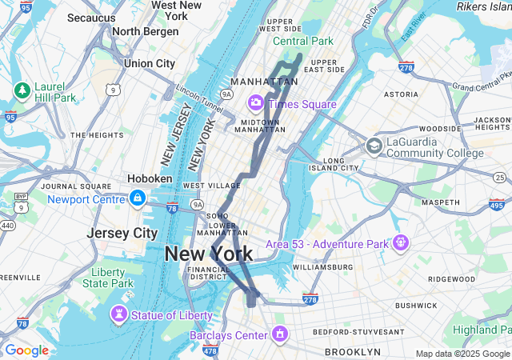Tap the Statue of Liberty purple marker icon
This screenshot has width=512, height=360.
(120, 315)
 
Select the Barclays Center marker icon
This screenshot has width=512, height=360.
(280, 333)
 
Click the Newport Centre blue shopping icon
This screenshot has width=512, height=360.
(138, 198)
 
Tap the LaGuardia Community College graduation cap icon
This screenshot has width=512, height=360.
(374, 146)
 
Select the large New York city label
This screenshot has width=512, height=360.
(208, 254)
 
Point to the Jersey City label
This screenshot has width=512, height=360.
(122, 234)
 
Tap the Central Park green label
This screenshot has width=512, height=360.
(303, 41)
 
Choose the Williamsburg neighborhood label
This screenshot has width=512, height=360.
(323, 266)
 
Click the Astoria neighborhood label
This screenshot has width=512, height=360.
(401, 94)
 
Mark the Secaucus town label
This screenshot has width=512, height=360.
(92, 18)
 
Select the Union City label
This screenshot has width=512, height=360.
(150, 63)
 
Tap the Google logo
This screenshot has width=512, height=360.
(26, 350)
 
